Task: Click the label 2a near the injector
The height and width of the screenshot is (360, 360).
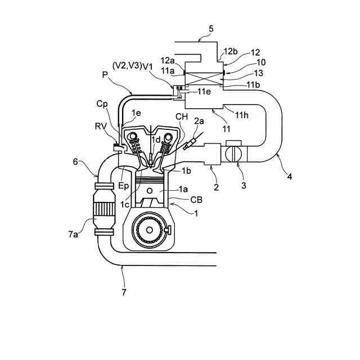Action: [x=199, y=121]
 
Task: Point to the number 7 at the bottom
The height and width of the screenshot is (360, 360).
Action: [x=124, y=292]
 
